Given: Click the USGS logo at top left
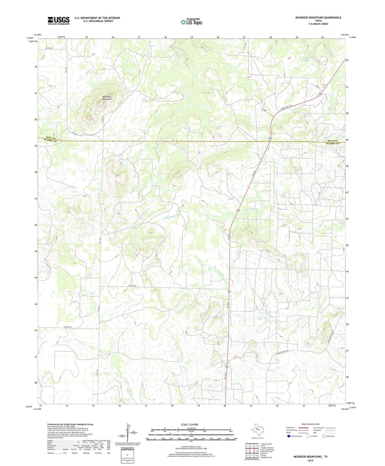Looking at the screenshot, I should tap(59, 21).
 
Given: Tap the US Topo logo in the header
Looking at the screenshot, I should tap(192, 22).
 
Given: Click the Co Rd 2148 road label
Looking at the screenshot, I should tap(132, 286).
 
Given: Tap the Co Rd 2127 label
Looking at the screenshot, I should tap(68, 327).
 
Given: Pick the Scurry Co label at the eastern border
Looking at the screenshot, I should tap(333, 144).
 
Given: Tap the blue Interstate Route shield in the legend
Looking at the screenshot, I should tap(289, 436).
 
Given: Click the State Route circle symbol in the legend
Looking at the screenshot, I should tap(324, 436).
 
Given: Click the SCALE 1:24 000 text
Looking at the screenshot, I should tap(189, 424).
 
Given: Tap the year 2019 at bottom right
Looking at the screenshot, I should tap(310, 460).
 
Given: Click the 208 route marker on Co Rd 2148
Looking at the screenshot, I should tap(229, 292).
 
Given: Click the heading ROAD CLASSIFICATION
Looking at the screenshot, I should tap(310, 424).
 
